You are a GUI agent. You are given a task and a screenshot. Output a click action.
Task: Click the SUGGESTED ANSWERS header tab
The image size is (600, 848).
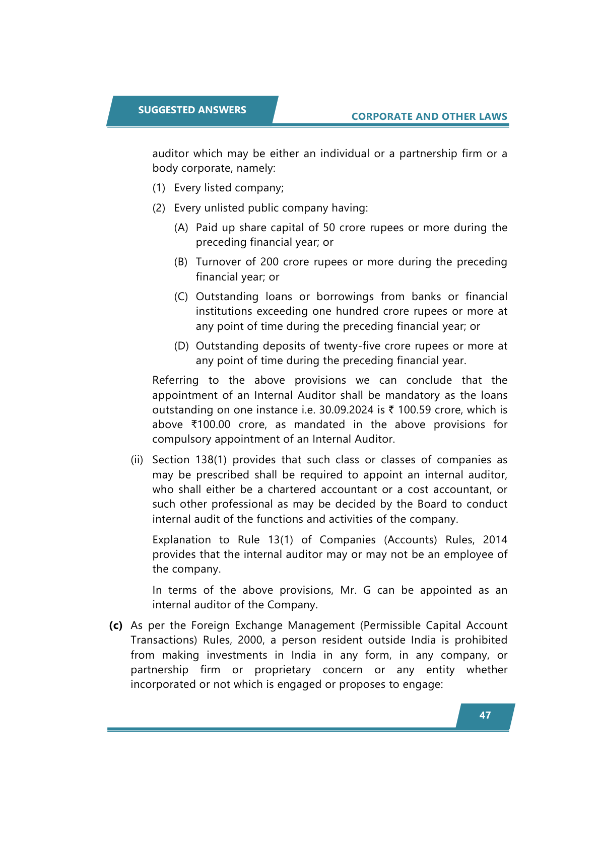(x=192, y=110)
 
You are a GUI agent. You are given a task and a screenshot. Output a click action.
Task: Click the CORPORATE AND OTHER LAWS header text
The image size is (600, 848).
(x=429, y=116)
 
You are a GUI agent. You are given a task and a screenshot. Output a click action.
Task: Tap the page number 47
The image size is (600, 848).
(x=485, y=716)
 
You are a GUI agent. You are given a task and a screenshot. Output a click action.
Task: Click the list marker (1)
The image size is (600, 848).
(x=159, y=188)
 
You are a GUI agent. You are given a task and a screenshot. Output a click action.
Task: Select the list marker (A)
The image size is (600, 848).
(x=181, y=228)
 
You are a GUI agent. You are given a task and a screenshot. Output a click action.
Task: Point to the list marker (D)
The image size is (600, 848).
(x=181, y=346)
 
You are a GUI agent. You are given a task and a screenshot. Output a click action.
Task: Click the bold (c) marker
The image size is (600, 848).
(x=116, y=625)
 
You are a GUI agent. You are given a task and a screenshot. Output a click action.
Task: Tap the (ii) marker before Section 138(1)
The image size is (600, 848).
(x=137, y=460)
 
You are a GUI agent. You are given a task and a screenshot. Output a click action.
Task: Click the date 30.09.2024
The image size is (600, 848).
(x=346, y=410)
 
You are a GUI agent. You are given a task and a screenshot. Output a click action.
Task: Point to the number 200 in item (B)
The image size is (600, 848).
(x=269, y=262)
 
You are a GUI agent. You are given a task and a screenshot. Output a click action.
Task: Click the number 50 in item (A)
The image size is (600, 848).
(x=329, y=228)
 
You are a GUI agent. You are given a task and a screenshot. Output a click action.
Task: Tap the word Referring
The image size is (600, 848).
(x=175, y=380)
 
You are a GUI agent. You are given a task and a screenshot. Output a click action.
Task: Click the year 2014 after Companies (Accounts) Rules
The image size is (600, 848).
(x=495, y=540)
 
